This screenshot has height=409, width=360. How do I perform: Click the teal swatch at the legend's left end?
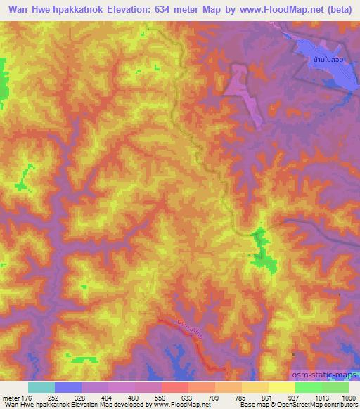click(41, 387)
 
